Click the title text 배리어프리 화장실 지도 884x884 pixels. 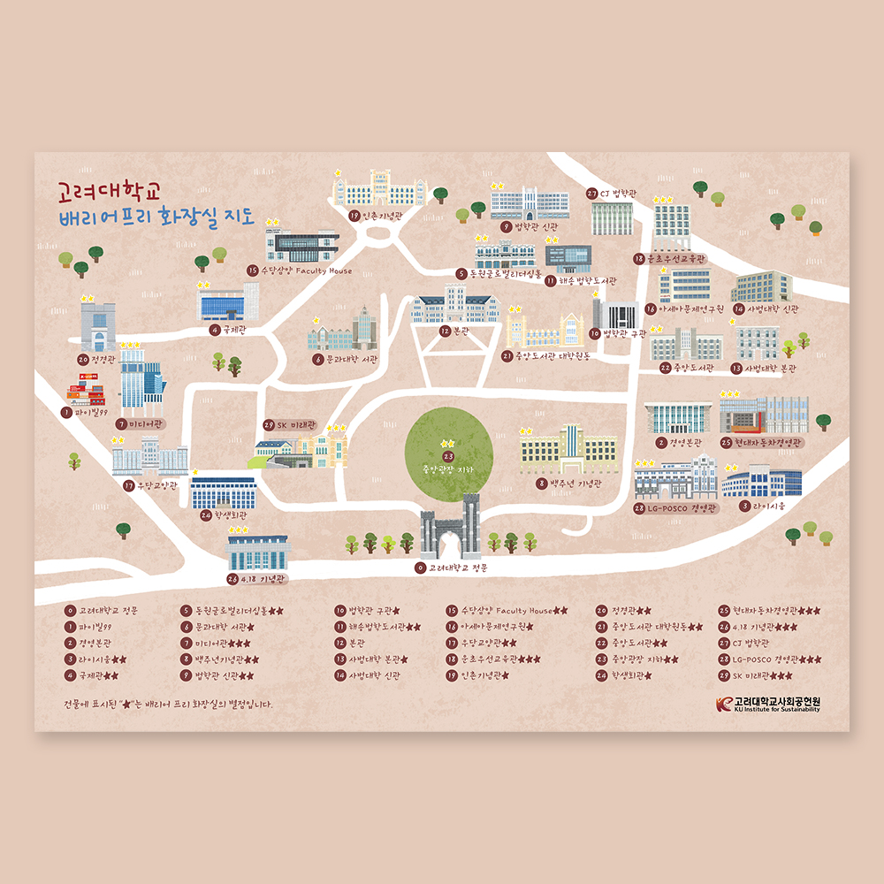coord(155,217)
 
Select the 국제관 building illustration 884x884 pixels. coord(228,302)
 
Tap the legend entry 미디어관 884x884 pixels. coord(217,643)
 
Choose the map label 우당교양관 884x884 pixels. coord(156,485)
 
